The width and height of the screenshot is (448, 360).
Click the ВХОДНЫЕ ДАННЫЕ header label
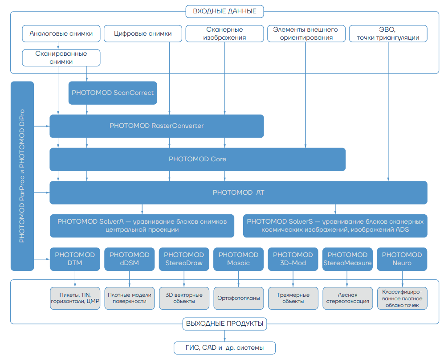coord(224,11)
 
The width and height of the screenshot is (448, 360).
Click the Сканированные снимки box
coord(61,58)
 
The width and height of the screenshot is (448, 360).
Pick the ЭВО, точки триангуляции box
coord(387,33)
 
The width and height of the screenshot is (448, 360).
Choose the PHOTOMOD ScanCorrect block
coord(113,93)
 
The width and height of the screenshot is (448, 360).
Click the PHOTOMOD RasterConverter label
coord(156,126)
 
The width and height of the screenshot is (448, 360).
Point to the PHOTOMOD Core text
coord(197,159)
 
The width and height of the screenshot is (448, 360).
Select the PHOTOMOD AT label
coord(239,192)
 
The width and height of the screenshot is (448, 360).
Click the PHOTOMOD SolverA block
coord(142,225)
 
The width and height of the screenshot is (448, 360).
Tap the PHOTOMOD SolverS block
coord(335,225)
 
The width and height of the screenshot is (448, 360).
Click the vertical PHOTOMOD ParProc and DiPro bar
coord(22,176)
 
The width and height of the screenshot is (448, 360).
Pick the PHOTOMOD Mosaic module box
coord(238,259)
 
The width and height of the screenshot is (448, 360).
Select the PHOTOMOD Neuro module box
coord(402,259)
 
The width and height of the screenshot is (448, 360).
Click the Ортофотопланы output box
coord(238,298)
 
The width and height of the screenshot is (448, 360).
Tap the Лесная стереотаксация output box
coord(347,298)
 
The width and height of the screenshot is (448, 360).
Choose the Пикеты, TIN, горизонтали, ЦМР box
coord(75,298)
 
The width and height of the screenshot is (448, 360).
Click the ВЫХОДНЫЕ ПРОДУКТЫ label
coord(224,323)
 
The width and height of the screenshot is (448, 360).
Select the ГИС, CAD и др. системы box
coord(224,348)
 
